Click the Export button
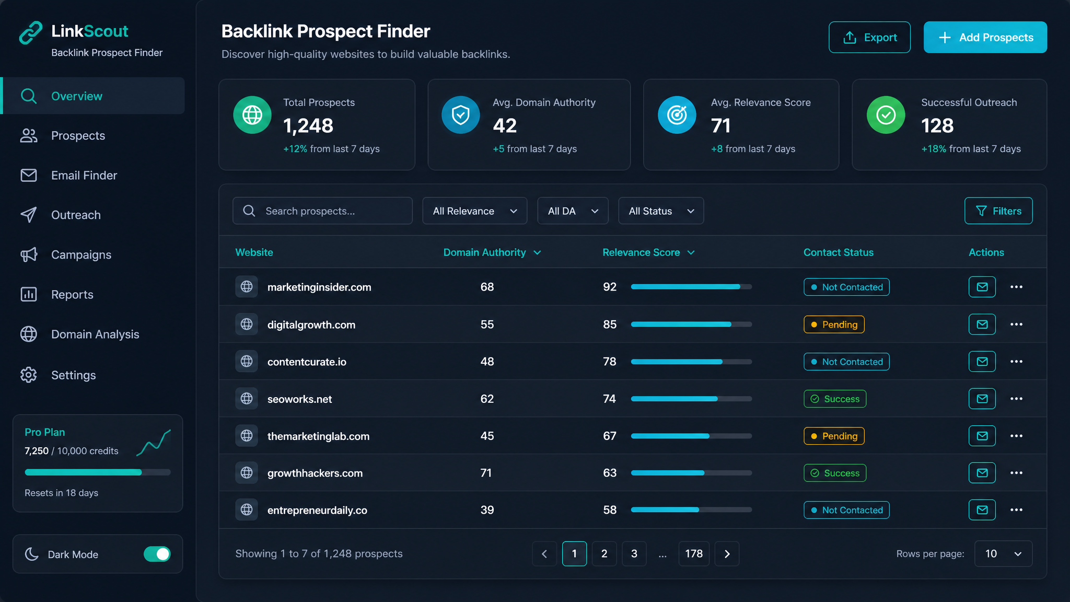point(869,37)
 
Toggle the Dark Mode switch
point(157,554)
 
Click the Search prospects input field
point(322,211)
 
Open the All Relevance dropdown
point(474,211)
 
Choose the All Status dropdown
point(661,211)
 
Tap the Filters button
point(998,211)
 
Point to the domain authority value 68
point(487,287)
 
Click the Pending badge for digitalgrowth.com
point(834,325)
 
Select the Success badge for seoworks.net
point(835,399)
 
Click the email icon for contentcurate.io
point(982,362)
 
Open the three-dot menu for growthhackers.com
point(1016,473)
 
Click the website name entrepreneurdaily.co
point(317,510)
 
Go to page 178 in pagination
point(694,553)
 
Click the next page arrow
point(727,553)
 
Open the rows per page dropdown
point(1003,553)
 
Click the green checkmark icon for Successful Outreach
point(886,115)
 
